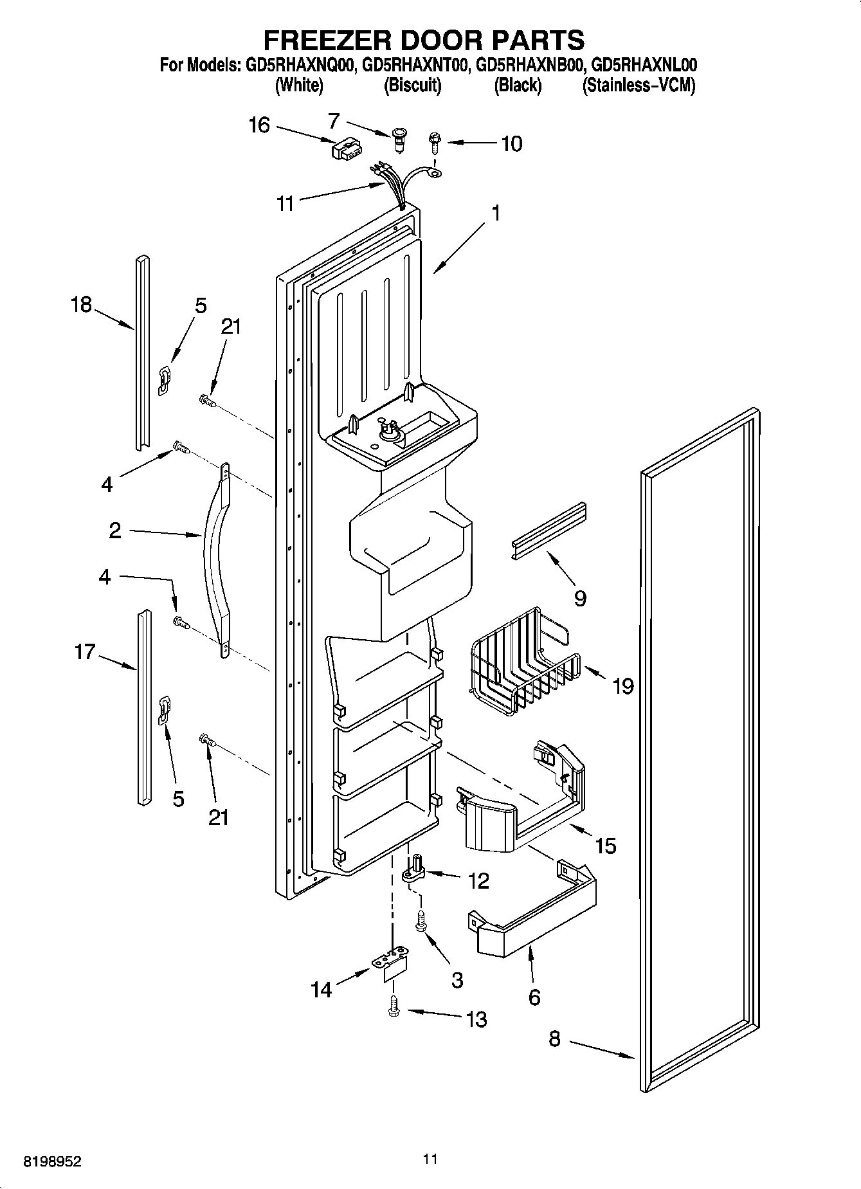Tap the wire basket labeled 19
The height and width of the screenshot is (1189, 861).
pos(524,662)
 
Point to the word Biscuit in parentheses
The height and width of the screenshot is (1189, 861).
pos(412,86)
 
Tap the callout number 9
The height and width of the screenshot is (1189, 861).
pos(579,599)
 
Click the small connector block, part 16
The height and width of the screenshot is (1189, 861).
pos(344,152)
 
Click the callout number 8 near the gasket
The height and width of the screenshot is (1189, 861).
pos(554,1039)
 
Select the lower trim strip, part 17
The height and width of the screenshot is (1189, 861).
pos(143,707)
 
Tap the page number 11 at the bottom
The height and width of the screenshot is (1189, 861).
pos(430,1159)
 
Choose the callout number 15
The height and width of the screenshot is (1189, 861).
pos(605,845)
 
